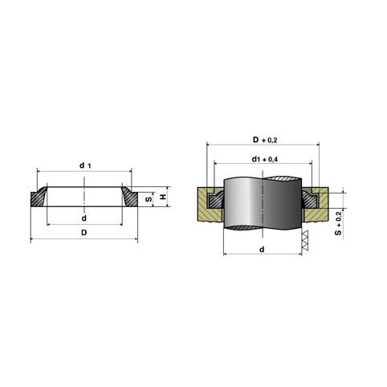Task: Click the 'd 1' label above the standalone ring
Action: pyautogui.click(x=85, y=165)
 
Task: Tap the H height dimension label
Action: pyautogui.click(x=163, y=198)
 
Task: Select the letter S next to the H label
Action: pyautogui.click(x=149, y=199)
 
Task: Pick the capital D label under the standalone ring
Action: pyautogui.click(x=84, y=233)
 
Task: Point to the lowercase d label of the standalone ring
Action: pyautogui.click(x=84, y=218)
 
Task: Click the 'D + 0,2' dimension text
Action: pyautogui.click(x=265, y=140)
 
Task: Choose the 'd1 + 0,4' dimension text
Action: pyautogui.click(x=265, y=160)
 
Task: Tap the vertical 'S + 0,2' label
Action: pyautogui.click(x=338, y=223)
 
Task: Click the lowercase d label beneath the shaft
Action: pyautogui.click(x=262, y=250)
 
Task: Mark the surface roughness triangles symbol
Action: pyautogui.click(x=305, y=240)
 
